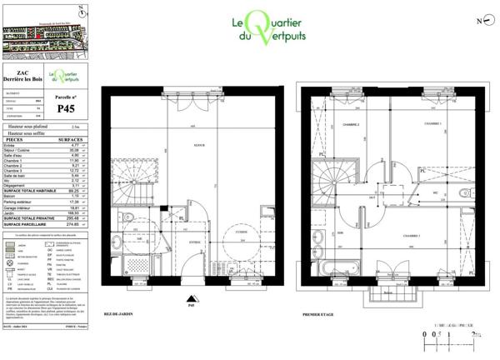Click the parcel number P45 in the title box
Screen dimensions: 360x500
(x=66, y=107)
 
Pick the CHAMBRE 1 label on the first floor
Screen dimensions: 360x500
(x=432, y=123)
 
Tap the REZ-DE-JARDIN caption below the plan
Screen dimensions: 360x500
(x=120, y=315)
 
